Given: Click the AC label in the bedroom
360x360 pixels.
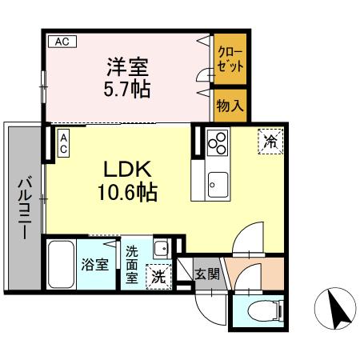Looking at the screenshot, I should click(61, 41).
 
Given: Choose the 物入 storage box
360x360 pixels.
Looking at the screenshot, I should click(231, 103).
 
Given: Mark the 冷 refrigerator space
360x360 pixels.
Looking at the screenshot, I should click(271, 142).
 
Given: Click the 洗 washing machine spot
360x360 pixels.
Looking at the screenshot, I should click(158, 277).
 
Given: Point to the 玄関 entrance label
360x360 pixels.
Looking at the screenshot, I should click(206, 274).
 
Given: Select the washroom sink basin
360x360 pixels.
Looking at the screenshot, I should click(160, 246).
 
